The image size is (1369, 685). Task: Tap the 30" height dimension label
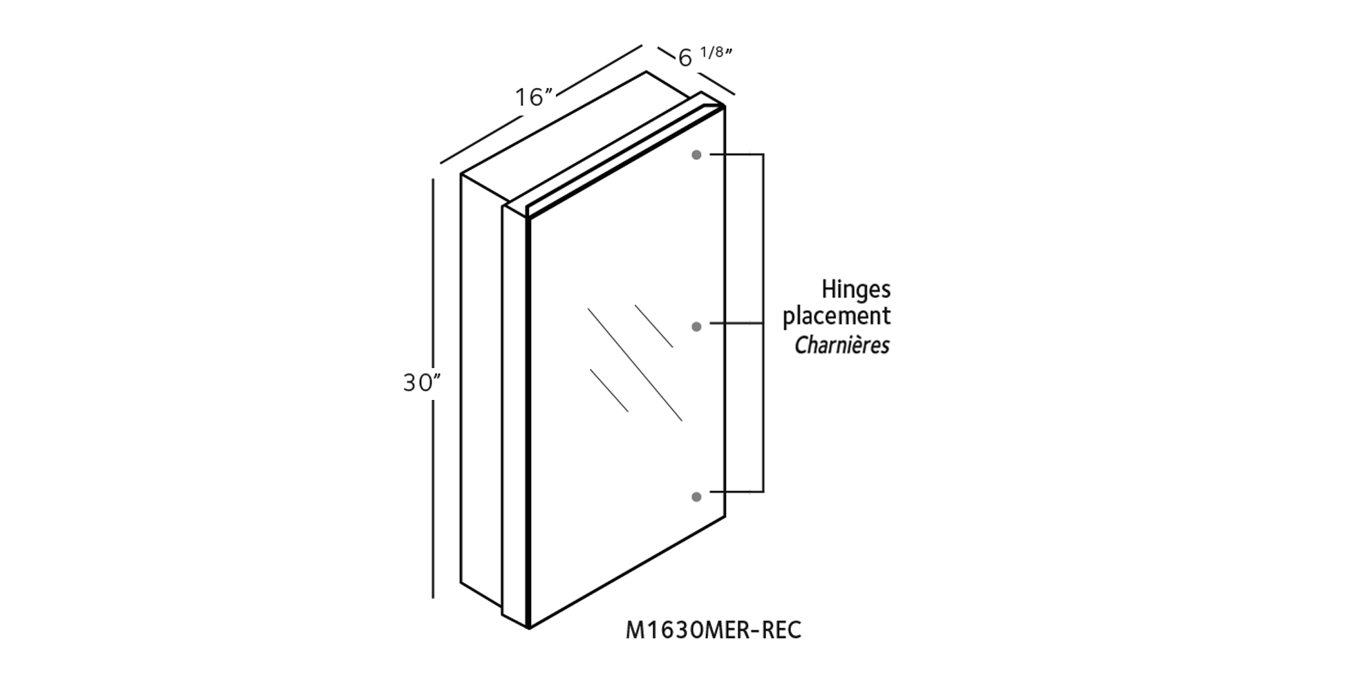(422, 382)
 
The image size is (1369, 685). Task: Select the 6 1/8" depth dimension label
(704, 56)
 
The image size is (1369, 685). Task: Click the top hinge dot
(696, 155)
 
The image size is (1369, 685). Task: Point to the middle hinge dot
(696, 326)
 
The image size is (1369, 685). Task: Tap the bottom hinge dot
(696, 497)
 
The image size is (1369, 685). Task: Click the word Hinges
(856, 290)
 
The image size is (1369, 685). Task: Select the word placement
(837, 317)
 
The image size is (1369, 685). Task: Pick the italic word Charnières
(842, 345)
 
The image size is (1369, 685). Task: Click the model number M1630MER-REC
(713, 630)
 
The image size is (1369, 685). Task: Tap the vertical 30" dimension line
(433, 388)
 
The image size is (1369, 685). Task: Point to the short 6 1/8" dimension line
(696, 72)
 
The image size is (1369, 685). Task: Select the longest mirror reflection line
(635, 364)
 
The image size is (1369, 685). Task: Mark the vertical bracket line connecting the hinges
(763, 322)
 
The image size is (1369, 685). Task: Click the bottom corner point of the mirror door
(529, 628)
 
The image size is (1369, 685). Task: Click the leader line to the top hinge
(736, 154)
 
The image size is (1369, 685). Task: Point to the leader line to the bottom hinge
(736, 491)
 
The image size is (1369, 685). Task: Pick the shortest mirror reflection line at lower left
(609, 390)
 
